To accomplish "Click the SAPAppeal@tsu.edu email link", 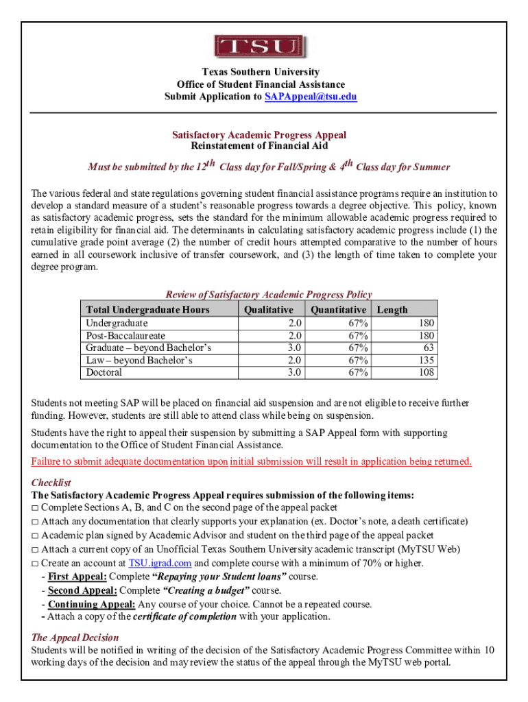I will click(311, 97).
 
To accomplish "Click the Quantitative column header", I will click(338, 310).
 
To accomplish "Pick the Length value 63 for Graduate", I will click(427, 348).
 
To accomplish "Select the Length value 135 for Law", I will click(424, 360).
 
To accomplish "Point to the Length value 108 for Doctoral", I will click(424, 372).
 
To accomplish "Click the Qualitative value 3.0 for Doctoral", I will click(295, 372).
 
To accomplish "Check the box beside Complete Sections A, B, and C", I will click(35, 508).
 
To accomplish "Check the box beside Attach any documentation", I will click(35, 522).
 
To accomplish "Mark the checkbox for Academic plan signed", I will click(35, 535).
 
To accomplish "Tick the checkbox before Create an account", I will click(35, 564).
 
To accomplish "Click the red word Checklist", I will click(51, 483).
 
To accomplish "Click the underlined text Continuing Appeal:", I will click(91, 604).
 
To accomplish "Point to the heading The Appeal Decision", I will click(75, 637).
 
